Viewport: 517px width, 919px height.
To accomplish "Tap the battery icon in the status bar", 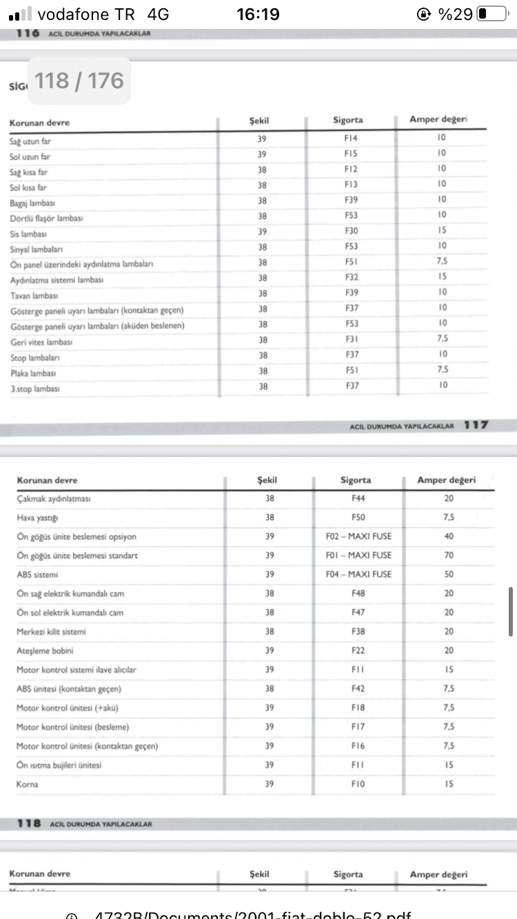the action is (x=491, y=14).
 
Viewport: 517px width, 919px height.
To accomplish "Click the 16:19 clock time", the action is (x=257, y=14).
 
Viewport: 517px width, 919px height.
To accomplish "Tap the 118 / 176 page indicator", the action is (x=79, y=81).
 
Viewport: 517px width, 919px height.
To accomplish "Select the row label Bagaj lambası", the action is (x=32, y=203).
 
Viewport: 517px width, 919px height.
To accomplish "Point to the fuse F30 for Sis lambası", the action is (x=352, y=231).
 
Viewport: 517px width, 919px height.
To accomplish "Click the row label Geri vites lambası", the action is (x=41, y=342).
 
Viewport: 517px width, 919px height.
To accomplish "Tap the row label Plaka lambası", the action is (x=33, y=373).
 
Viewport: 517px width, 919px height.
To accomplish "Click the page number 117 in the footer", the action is (x=476, y=425).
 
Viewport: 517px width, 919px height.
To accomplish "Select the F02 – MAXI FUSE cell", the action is (x=358, y=536).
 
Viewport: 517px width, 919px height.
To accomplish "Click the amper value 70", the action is (x=449, y=555).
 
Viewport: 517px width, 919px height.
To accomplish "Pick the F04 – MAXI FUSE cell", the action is (x=358, y=574).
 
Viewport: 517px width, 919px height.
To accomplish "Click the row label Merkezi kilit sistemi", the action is (x=52, y=631).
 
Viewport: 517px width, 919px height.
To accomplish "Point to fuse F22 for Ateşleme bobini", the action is (x=358, y=650).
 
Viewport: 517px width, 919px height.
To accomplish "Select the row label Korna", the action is (x=28, y=784).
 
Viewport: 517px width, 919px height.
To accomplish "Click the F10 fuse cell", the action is (x=358, y=784).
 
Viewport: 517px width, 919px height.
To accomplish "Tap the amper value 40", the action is (x=449, y=536).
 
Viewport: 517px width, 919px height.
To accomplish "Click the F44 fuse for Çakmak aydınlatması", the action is (x=358, y=498).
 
